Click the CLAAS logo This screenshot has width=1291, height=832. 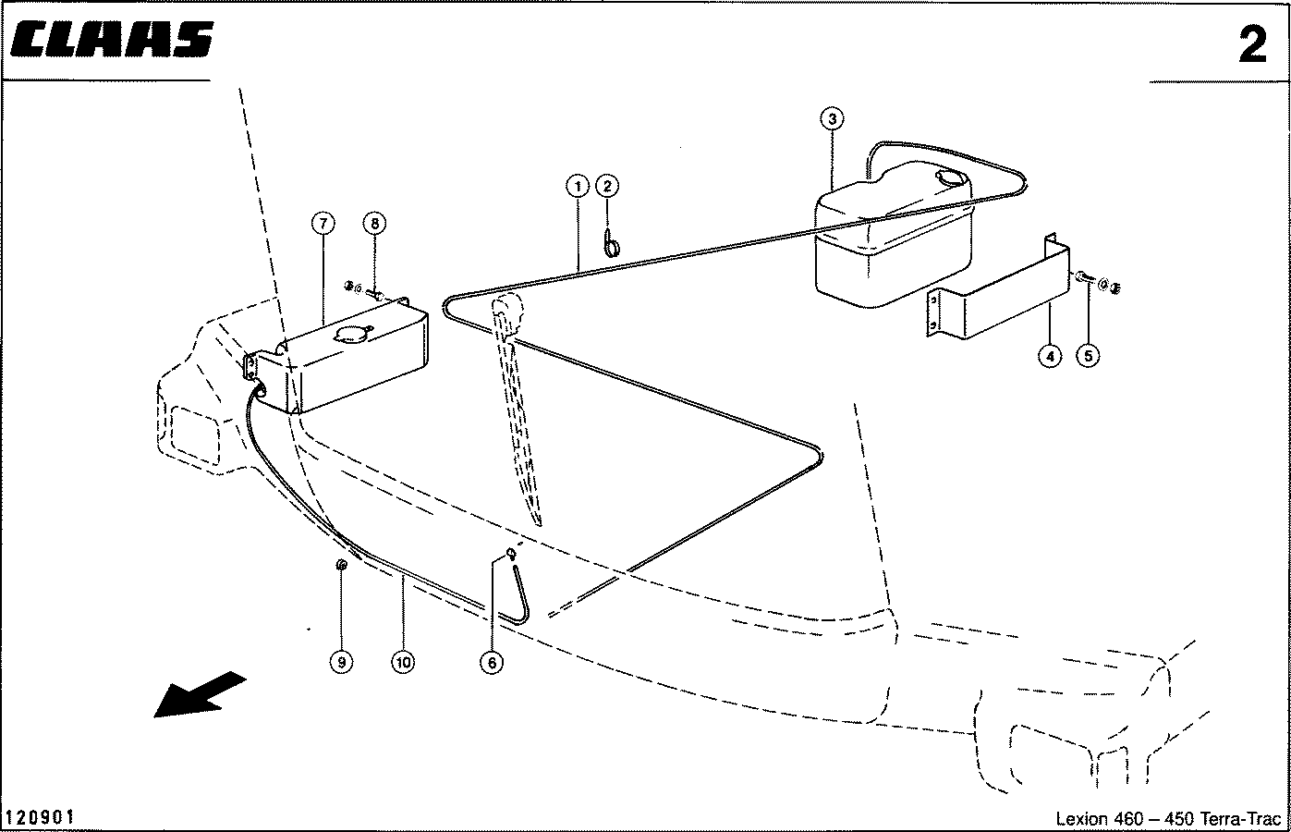click(112, 39)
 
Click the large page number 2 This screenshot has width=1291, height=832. click(1252, 44)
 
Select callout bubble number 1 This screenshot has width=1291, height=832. click(578, 186)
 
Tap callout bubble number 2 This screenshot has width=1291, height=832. click(607, 186)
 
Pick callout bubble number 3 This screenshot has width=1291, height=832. click(832, 119)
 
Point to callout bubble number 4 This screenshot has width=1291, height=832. click(1050, 356)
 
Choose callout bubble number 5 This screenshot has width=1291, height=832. click(1088, 356)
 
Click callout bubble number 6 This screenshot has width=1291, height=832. click(492, 663)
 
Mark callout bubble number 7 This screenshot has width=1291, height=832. click(323, 223)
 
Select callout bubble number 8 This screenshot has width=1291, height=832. click(374, 223)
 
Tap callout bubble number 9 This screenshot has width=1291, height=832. click(342, 663)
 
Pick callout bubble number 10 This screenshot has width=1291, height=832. click(403, 663)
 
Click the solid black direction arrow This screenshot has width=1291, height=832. click(199, 695)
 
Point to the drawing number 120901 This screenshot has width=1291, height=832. click(40, 817)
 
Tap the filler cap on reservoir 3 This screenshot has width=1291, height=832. click(952, 177)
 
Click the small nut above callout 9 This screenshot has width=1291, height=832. click(341, 565)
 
